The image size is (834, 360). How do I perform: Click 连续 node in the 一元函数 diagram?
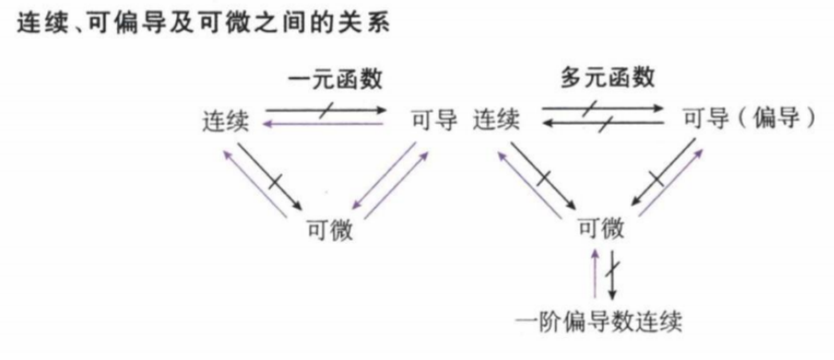224,120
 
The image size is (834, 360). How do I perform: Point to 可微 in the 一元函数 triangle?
330,229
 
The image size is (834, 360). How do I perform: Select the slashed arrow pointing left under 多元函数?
602,126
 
